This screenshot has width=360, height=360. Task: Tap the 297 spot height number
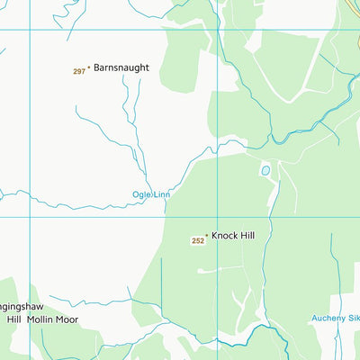tap(78, 71)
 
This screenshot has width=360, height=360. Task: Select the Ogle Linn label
tap(151, 194)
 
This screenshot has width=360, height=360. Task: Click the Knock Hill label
tap(233, 236)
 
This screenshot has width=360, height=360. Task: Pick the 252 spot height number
tap(197, 241)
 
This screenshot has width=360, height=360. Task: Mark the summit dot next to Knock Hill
tap(206, 236)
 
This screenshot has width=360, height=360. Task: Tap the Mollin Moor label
tap(52, 319)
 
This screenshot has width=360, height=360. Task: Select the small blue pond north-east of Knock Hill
tap(265, 170)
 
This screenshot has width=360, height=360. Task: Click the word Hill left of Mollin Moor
tap(13, 319)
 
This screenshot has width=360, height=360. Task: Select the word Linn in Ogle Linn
tap(161, 194)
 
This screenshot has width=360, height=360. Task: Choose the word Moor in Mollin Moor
tap(66, 319)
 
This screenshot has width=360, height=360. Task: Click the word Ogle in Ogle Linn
tap(141, 194)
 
